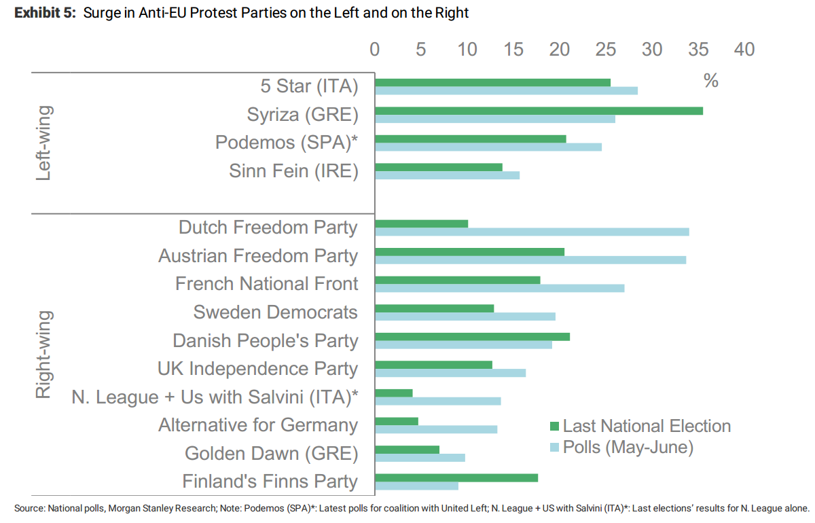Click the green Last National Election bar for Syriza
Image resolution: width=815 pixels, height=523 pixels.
[539, 111]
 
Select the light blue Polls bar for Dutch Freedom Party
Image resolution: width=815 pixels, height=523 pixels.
[532, 232]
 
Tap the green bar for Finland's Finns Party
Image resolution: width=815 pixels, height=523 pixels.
[456, 477]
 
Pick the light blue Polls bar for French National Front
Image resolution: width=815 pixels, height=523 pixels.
[499, 288]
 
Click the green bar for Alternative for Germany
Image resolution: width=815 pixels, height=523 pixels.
[397, 421]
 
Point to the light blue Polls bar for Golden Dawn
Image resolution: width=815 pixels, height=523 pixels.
[420, 457]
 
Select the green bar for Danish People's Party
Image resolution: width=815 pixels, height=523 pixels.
[472, 337]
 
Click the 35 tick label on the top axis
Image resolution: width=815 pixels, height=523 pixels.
[698, 50]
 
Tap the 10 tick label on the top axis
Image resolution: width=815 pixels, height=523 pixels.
[467, 50]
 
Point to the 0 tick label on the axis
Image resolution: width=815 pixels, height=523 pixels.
[375, 50]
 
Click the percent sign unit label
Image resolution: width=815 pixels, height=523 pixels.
[711, 81]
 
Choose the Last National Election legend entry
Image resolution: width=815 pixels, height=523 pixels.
[640, 426]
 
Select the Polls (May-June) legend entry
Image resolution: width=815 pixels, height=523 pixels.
[621, 448]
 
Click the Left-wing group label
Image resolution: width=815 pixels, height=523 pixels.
[43, 143]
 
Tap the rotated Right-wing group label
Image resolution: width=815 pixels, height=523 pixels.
[43, 354]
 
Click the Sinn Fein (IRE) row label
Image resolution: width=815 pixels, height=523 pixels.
[293, 171]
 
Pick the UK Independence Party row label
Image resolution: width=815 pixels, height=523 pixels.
[257, 369]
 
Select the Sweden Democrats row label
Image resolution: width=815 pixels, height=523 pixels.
[275, 312]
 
